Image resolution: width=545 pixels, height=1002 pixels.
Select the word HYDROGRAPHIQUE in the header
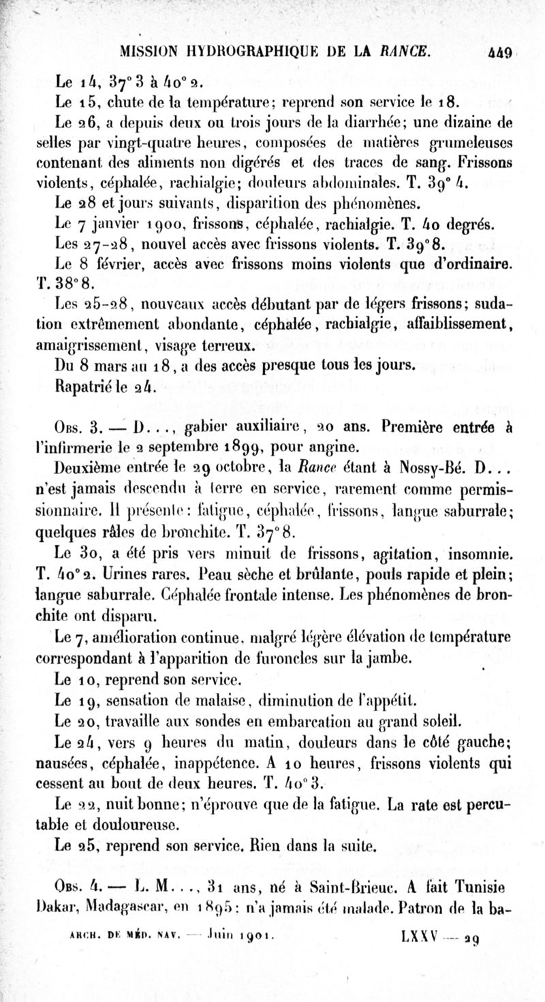click(x=250, y=51)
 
